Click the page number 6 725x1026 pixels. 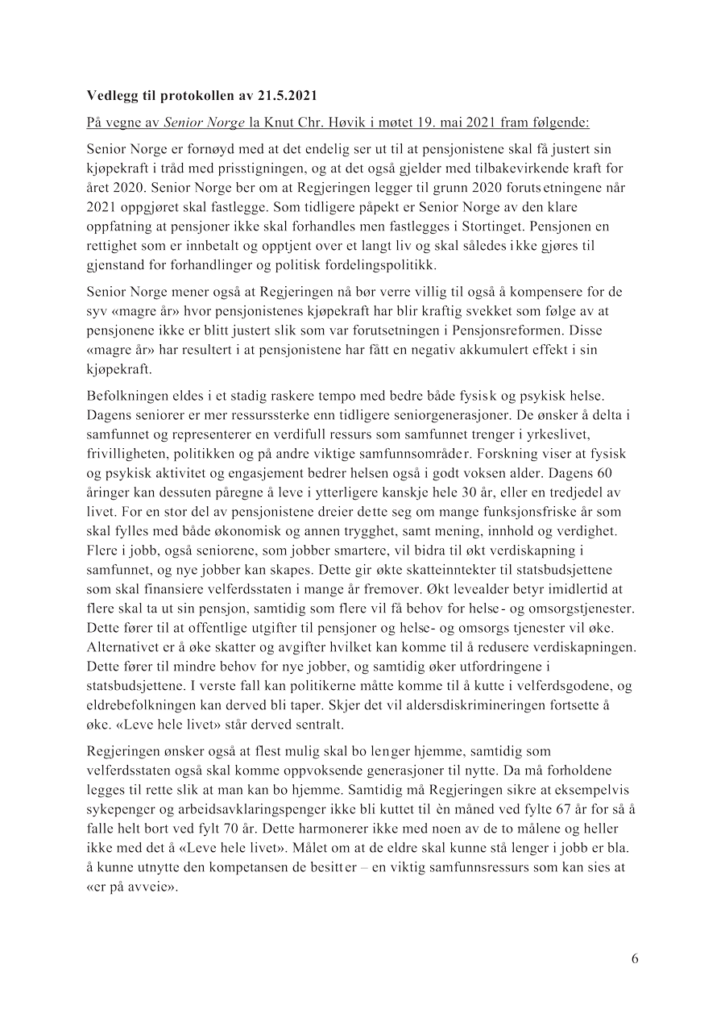click(635, 958)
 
